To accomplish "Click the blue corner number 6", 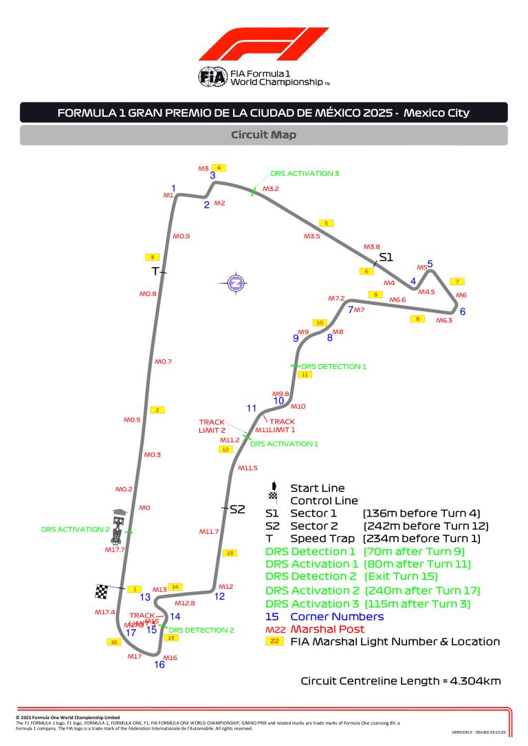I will pos(463,311).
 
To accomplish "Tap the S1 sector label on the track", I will pos(385,257).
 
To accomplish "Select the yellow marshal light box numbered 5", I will pos(327,223).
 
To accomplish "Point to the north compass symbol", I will pos(236,282).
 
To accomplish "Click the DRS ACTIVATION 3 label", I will pos(305,174).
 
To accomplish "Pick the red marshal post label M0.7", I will pos(163,361).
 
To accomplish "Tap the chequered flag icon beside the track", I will pos(102,591).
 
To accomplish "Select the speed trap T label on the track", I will pos(155,271).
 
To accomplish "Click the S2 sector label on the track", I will pos(237,509).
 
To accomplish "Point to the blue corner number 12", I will pos(219,596).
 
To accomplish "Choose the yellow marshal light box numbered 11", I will pos(305,374).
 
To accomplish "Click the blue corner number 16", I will pos(159,664).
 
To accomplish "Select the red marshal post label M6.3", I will pos(444,320).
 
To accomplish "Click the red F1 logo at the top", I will pos(263,45).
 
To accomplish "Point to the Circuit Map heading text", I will pos(263,135).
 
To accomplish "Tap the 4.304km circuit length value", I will pos(475,681).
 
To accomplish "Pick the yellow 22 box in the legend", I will pos(274,642).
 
